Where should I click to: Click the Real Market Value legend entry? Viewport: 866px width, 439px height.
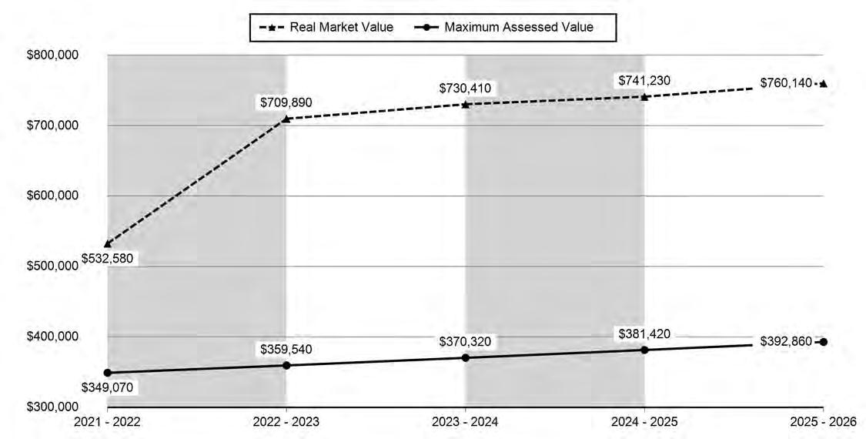326,27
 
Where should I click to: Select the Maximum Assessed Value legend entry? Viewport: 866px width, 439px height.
503,27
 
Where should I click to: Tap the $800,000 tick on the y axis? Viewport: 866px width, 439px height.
52,55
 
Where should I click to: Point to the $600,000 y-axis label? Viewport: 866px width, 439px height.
52,196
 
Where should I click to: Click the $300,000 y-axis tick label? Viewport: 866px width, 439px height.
52,407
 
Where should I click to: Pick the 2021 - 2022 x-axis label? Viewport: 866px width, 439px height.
107,422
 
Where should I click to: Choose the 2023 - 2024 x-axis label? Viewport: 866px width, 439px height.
465,422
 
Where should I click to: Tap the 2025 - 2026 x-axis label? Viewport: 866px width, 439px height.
823,422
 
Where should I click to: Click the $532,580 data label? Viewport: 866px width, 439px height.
107,258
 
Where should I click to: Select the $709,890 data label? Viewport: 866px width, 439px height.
286,102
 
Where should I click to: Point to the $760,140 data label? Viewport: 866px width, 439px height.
786,83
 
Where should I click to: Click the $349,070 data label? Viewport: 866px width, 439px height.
107,387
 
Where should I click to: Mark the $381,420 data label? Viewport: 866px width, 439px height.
644,334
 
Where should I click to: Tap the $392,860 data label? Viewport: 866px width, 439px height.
786,342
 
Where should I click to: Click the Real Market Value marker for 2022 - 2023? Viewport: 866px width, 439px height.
286,119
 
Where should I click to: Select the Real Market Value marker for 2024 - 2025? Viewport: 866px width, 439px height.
644,97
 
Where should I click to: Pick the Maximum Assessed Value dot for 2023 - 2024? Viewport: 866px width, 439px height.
465,357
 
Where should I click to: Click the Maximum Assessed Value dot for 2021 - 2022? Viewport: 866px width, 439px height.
107,373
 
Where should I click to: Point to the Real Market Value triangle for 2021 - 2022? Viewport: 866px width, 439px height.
107,244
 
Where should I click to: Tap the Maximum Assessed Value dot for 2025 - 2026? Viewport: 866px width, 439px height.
824,342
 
